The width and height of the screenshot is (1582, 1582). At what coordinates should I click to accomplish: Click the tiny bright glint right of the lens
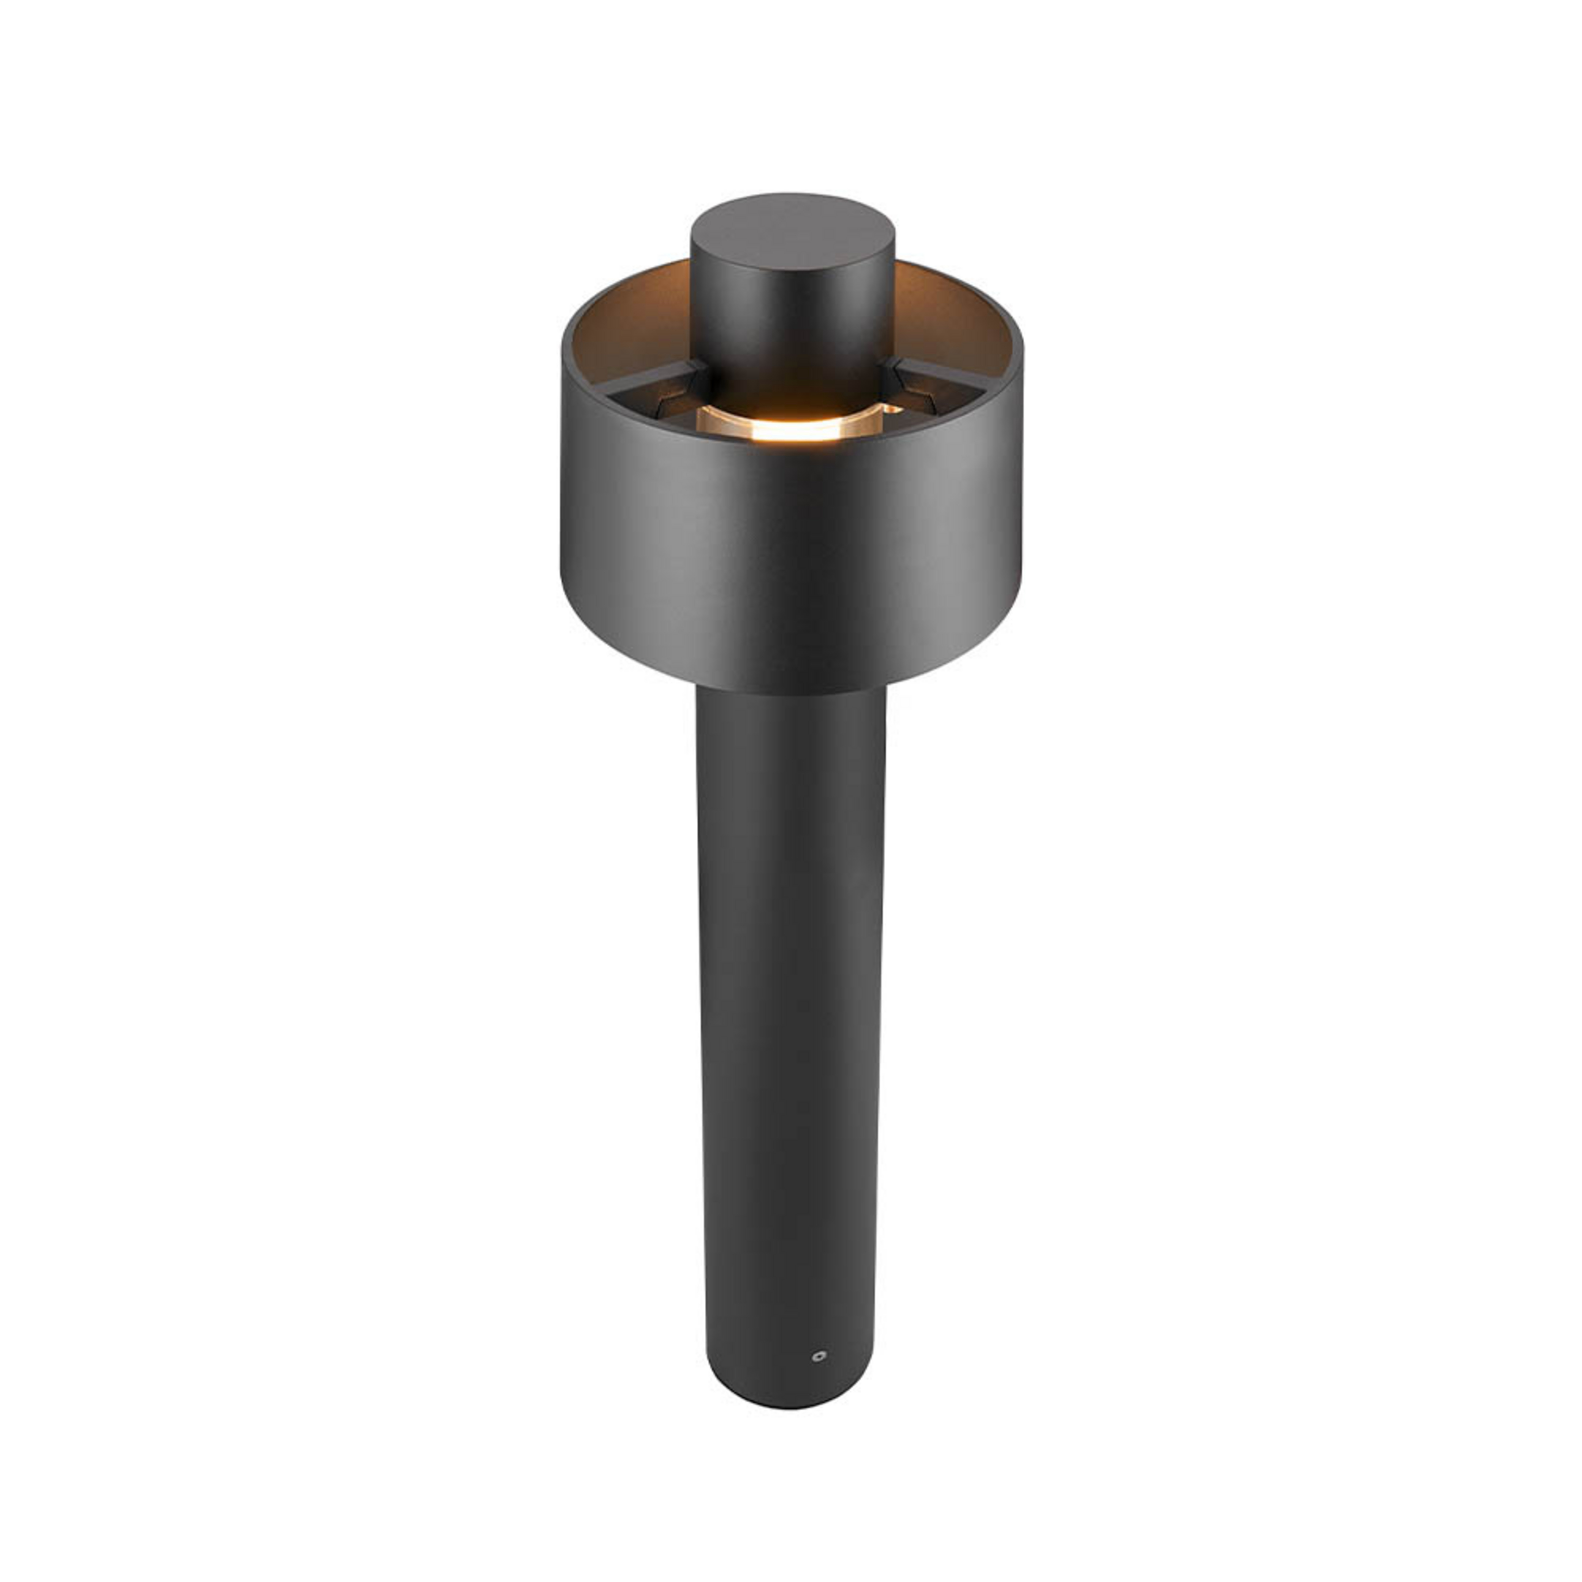pyautogui.click(x=892, y=407)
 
